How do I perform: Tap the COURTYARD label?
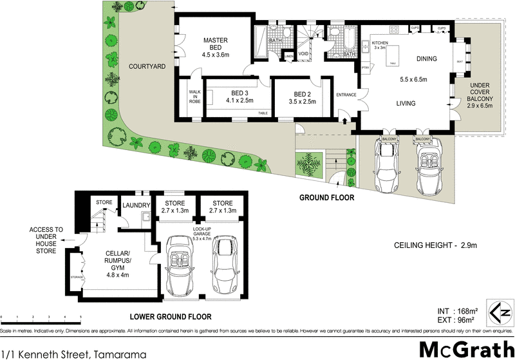[147, 66]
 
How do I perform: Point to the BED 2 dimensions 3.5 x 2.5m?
[302, 101]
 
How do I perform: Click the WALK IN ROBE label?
[194, 97]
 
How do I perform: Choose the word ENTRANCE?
[346, 95]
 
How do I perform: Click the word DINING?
[426, 59]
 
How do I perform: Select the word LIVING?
[406, 104]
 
